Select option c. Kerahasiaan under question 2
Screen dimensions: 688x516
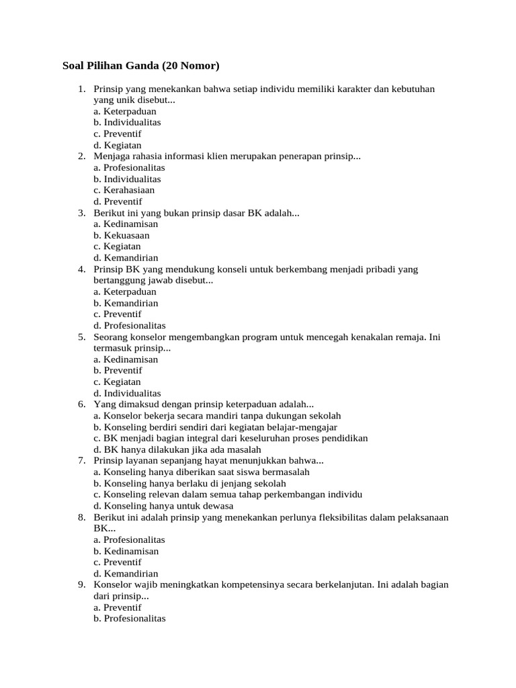pyautogui.click(x=124, y=190)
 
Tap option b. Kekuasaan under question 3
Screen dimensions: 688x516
pyautogui.click(x=122, y=235)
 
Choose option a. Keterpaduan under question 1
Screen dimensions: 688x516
pyautogui.click(x=125, y=112)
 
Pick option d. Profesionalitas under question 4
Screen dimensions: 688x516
pyautogui.click(x=130, y=325)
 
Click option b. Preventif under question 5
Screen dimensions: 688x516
pyautogui.click(x=118, y=370)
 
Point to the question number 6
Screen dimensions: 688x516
pyautogui.click(x=81, y=404)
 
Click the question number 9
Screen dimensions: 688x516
pyautogui.click(x=81, y=585)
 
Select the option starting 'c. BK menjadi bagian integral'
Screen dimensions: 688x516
pyautogui.click(x=230, y=438)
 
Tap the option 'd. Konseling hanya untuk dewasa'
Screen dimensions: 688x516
pyautogui.click(x=163, y=506)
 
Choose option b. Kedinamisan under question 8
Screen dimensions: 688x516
pyautogui.click(x=126, y=551)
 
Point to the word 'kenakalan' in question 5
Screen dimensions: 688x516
pyautogui.click(x=374, y=337)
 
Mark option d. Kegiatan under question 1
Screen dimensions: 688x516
pyautogui.click(x=118, y=145)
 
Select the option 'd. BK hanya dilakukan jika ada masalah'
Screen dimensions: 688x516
pyautogui.click(x=177, y=449)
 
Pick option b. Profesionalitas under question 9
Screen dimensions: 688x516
pyautogui.click(x=130, y=619)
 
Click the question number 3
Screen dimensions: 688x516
pyautogui.click(x=81, y=213)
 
